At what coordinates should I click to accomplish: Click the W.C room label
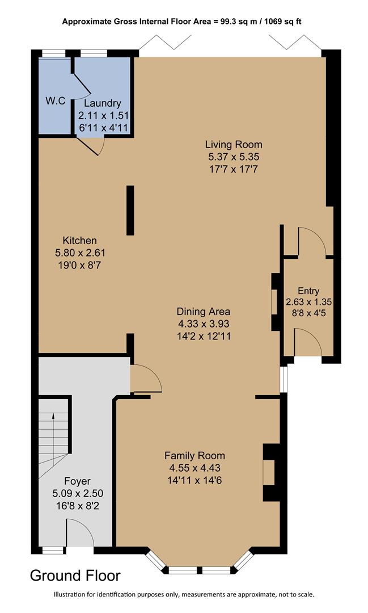click(56, 100)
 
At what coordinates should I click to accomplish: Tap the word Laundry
click(102, 103)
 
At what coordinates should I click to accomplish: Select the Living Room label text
click(234, 144)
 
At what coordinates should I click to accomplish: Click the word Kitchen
click(79, 240)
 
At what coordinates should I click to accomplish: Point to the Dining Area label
click(203, 312)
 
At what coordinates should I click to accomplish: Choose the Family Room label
click(194, 455)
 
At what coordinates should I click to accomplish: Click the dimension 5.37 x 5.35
click(234, 157)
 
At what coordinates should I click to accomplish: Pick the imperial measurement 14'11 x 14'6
click(194, 480)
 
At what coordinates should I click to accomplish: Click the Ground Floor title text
click(75, 576)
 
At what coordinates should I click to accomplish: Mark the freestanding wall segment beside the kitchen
click(130, 210)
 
